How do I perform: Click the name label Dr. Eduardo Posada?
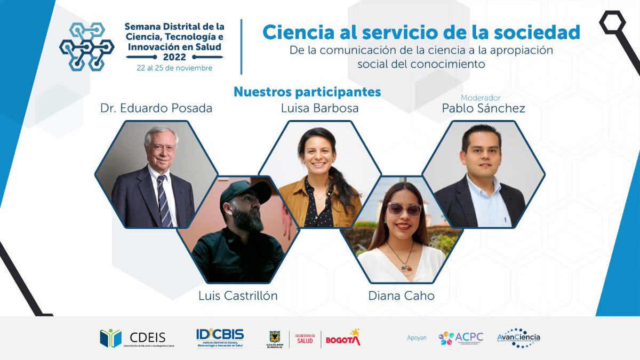tap(156, 108)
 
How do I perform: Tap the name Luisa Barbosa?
tap(319, 108)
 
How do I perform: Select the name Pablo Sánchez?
tap(483, 108)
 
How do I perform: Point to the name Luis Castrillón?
tap(238, 295)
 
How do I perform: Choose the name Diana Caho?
tap(401, 295)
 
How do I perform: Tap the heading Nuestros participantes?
tap(307, 92)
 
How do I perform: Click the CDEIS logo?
tap(133, 338)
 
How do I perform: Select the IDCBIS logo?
tap(220, 338)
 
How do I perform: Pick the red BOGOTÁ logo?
tap(343, 338)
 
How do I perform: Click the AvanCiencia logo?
tap(518, 338)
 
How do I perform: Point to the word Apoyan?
tap(417, 338)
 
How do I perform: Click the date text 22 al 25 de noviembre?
tap(174, 68)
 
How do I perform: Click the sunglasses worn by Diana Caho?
tap(404, 209)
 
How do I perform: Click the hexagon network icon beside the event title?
tap(86, 46)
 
